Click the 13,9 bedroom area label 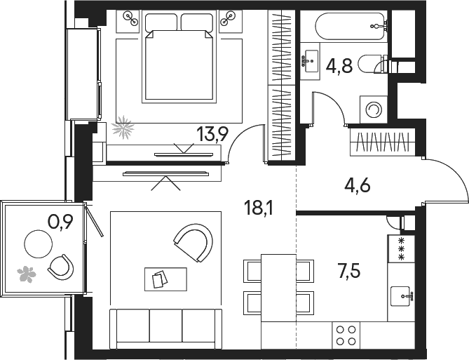(212, 134)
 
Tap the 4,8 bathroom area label (339, 65)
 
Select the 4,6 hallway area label (358, 185)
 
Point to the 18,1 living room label (259, 208)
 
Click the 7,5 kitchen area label (349, 271)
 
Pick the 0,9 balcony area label (61, 222)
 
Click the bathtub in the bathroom (350, 26)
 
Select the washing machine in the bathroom (374, 109)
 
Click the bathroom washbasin (310, 61)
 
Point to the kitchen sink (402, 296)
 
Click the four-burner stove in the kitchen (346, 335)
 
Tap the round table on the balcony (38, 244)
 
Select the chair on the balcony (61, 267)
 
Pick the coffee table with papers (165, 279)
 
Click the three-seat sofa (165, 329)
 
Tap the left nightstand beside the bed (128, 21)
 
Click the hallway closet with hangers (383, 142)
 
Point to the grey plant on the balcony (27, 274)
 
